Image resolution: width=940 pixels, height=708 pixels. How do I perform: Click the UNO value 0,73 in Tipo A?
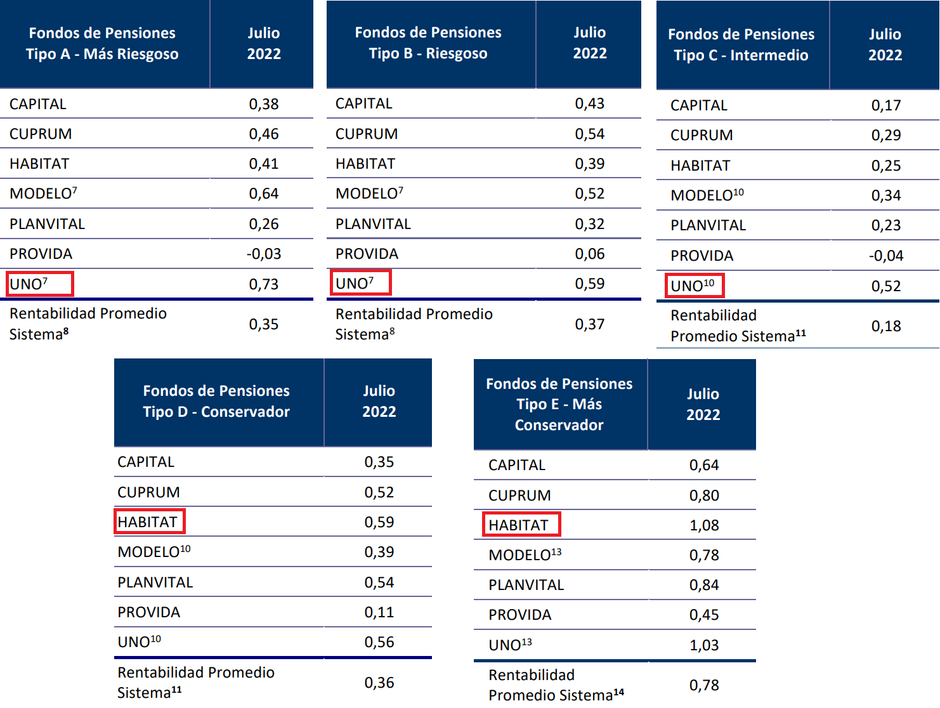pos(264,284)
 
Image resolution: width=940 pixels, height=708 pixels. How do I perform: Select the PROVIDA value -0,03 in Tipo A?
pos(264,254)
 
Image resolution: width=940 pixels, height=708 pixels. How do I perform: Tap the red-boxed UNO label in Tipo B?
pos(360,283)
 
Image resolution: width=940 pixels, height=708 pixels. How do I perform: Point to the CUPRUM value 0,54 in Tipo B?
pos(590,134)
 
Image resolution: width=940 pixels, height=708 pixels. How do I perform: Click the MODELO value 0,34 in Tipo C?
pos(886,195)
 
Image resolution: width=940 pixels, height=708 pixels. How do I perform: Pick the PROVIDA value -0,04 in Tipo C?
pos(886,256)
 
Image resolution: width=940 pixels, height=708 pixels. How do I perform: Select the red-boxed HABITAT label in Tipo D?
pos(149,521)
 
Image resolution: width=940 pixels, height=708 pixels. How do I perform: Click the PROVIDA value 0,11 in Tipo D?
pos(379,612)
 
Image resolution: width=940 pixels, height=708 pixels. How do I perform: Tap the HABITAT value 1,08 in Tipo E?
pos(704,525)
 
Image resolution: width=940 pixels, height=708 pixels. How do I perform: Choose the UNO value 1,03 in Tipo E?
pos(704,645)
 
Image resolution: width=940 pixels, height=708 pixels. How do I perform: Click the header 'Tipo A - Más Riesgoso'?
pos(102,44)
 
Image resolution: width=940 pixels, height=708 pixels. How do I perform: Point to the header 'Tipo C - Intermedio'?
pos(741,45)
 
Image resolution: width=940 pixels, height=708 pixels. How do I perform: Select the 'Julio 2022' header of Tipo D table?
pos(379,402)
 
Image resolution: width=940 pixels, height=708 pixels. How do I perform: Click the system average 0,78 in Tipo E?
pos(704,685)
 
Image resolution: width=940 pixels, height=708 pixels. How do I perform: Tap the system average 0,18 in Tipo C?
pos(886,326)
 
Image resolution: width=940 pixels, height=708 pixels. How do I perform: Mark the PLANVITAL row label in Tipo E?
pos(526,585)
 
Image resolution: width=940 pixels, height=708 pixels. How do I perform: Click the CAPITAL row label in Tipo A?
pos(38,104)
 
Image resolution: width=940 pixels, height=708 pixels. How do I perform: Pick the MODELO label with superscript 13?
pos(525,555)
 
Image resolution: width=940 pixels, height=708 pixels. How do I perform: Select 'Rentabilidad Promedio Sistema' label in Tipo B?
pos(414,324)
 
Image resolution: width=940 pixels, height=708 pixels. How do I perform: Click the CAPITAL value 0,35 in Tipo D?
pos(379,462)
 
